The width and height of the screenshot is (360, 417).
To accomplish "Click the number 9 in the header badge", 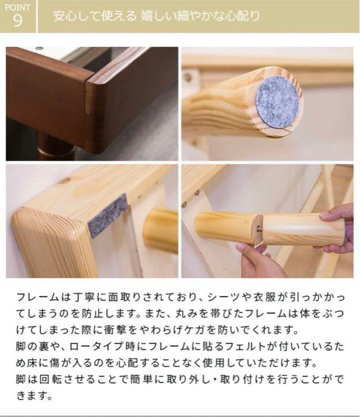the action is (17, 20).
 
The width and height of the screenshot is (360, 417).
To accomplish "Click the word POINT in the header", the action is (17, 8).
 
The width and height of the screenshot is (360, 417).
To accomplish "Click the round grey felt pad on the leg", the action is (279, 102).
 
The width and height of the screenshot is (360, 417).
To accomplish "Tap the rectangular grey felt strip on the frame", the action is (108, 216).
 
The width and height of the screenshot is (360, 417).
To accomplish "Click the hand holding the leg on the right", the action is (338, 228).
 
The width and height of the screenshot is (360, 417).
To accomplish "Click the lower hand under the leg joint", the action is (258, 259).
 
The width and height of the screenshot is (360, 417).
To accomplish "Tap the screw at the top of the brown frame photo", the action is (39, 49).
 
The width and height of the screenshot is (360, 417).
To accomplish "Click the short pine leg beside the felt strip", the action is (161, 231).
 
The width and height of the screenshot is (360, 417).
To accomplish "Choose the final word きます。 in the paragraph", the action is (35, 396).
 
